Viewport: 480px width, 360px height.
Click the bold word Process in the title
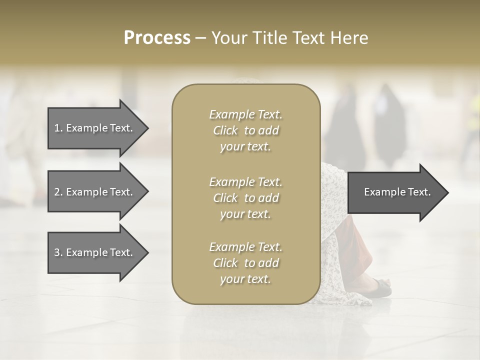[157, 38]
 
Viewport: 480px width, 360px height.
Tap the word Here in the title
[348, 38]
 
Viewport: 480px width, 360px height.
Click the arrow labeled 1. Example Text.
[95, 128]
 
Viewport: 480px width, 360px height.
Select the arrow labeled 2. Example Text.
[95, 192]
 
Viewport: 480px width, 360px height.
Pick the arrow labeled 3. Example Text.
[95, 252]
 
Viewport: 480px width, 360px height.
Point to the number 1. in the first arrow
[58, 128]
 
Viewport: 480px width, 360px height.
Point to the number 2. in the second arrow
[58, 192]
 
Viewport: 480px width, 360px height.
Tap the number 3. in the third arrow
[58, 252]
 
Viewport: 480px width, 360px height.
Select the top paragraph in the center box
[245, 130]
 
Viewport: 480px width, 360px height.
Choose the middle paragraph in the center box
[245, 198]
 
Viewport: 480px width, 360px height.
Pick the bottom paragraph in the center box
[245, 263]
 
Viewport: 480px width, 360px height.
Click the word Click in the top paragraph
[225, 130]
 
